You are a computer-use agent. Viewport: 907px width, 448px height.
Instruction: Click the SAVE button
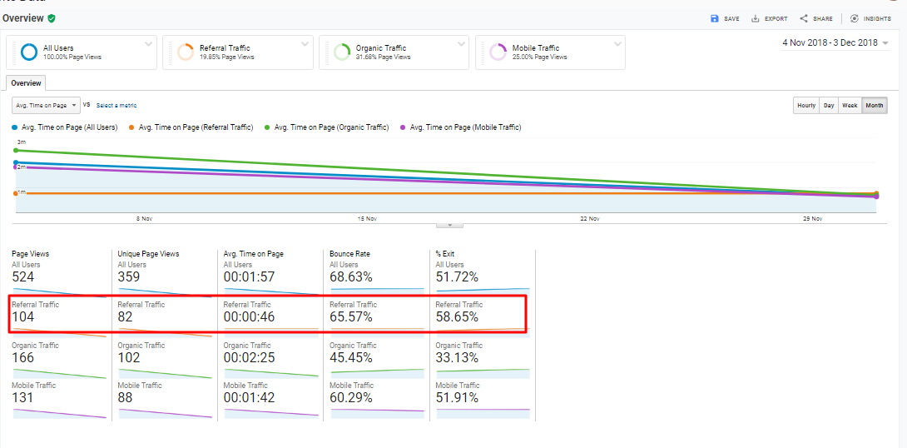pyautogui.click(x=724, y=18)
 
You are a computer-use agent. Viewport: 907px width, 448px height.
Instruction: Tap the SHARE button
pyautogui.click(x=816, y=18)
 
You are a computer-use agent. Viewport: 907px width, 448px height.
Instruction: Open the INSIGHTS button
pyautogui.click(x=870, y=18)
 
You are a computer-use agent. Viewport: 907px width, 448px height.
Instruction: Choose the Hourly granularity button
pyautogui.click(x=805, y=106)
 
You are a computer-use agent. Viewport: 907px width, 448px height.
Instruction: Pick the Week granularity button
pyautogui.click(x=849, y=106)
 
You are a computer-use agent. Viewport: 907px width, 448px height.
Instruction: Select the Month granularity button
pyautogui.click(x=874, y=106)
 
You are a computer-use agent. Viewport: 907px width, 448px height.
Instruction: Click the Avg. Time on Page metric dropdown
pyautogui.click(x=46, y=105)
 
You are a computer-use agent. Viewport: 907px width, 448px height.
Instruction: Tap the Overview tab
pyautogui.click(x=26, y=83)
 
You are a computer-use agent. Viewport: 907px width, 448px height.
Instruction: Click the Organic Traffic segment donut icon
pyautogui.click(x=341, y=52)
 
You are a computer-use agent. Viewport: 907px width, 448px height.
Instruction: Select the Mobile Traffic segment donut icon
pyautogui.click(x=498, y=52)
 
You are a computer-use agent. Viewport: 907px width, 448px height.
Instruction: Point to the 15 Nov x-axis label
pyautogui.click(x=367, y=219)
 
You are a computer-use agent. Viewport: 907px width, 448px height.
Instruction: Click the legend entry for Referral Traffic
pyautogui.click(x=196, y=127)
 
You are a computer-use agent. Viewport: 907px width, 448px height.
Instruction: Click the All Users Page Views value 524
pyautogui.click(x=23, y=276)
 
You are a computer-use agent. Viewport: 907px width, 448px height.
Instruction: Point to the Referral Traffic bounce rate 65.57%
pyautogui.click(x=351, y=317)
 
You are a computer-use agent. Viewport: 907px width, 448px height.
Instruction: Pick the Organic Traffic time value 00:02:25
pyautogui.click(x=249, y=358)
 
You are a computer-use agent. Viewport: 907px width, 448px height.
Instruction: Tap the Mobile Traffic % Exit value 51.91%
pyautogui.click(x=457, y=398)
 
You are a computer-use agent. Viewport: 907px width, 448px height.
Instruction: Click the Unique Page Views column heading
pyautogui.click(x=148, y=254)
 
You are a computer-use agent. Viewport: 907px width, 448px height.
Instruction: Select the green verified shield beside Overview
pyautogui.click(x=52, y=17)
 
